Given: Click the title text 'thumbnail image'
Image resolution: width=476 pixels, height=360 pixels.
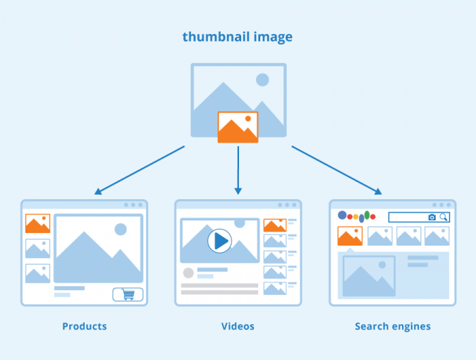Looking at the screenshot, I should pyautogui.click(x=238, y=37).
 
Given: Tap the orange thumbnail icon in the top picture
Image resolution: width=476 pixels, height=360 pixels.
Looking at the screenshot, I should pyautogui.click(x=238, y=127).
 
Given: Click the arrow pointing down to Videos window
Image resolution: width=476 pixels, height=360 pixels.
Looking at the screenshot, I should pyautogui.click(x=238, y=169).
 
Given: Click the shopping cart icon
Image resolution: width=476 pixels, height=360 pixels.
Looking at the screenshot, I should pyautogui.click(x=128, y=294).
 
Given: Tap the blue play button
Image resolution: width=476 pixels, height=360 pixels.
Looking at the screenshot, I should pyautogui.click(x=219, y=241).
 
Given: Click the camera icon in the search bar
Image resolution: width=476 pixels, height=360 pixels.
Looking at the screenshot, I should pyautogui.click(x=432, y=217).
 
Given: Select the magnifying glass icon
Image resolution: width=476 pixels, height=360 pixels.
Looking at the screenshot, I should pyautogui.click(x=444, y=217).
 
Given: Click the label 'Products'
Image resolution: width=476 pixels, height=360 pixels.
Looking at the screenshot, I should pyautogui.click(x=85, y=326).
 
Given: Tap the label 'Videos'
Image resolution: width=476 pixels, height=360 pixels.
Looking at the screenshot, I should pyautogui.click(x=238, y=326).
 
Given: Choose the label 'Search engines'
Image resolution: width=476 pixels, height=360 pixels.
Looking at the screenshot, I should pyautogui.click(x=393, y=326).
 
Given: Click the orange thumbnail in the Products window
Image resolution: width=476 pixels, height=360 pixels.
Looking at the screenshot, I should pyautogui.click(x=37, y=224).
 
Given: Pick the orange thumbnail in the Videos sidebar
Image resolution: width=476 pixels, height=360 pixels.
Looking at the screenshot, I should pyautogui.click(x=274, y=225).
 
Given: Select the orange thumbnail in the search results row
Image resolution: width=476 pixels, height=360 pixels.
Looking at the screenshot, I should pyautogui.click(x=350, y=236).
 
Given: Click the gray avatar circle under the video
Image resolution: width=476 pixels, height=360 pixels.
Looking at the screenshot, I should pyautogui.click(x=188, y=273).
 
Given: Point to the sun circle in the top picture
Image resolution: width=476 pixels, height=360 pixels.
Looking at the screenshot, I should pyautogui.click(x=262, y=80).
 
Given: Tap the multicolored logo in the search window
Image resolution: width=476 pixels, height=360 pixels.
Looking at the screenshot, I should pyautogui.click(x=357, y=216).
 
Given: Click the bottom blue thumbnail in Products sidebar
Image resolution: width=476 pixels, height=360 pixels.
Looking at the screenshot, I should pyautogui.click(x=37, y=273).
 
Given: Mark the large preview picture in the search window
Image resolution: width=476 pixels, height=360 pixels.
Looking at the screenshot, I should pyautogui.click(x=369, y=276).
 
